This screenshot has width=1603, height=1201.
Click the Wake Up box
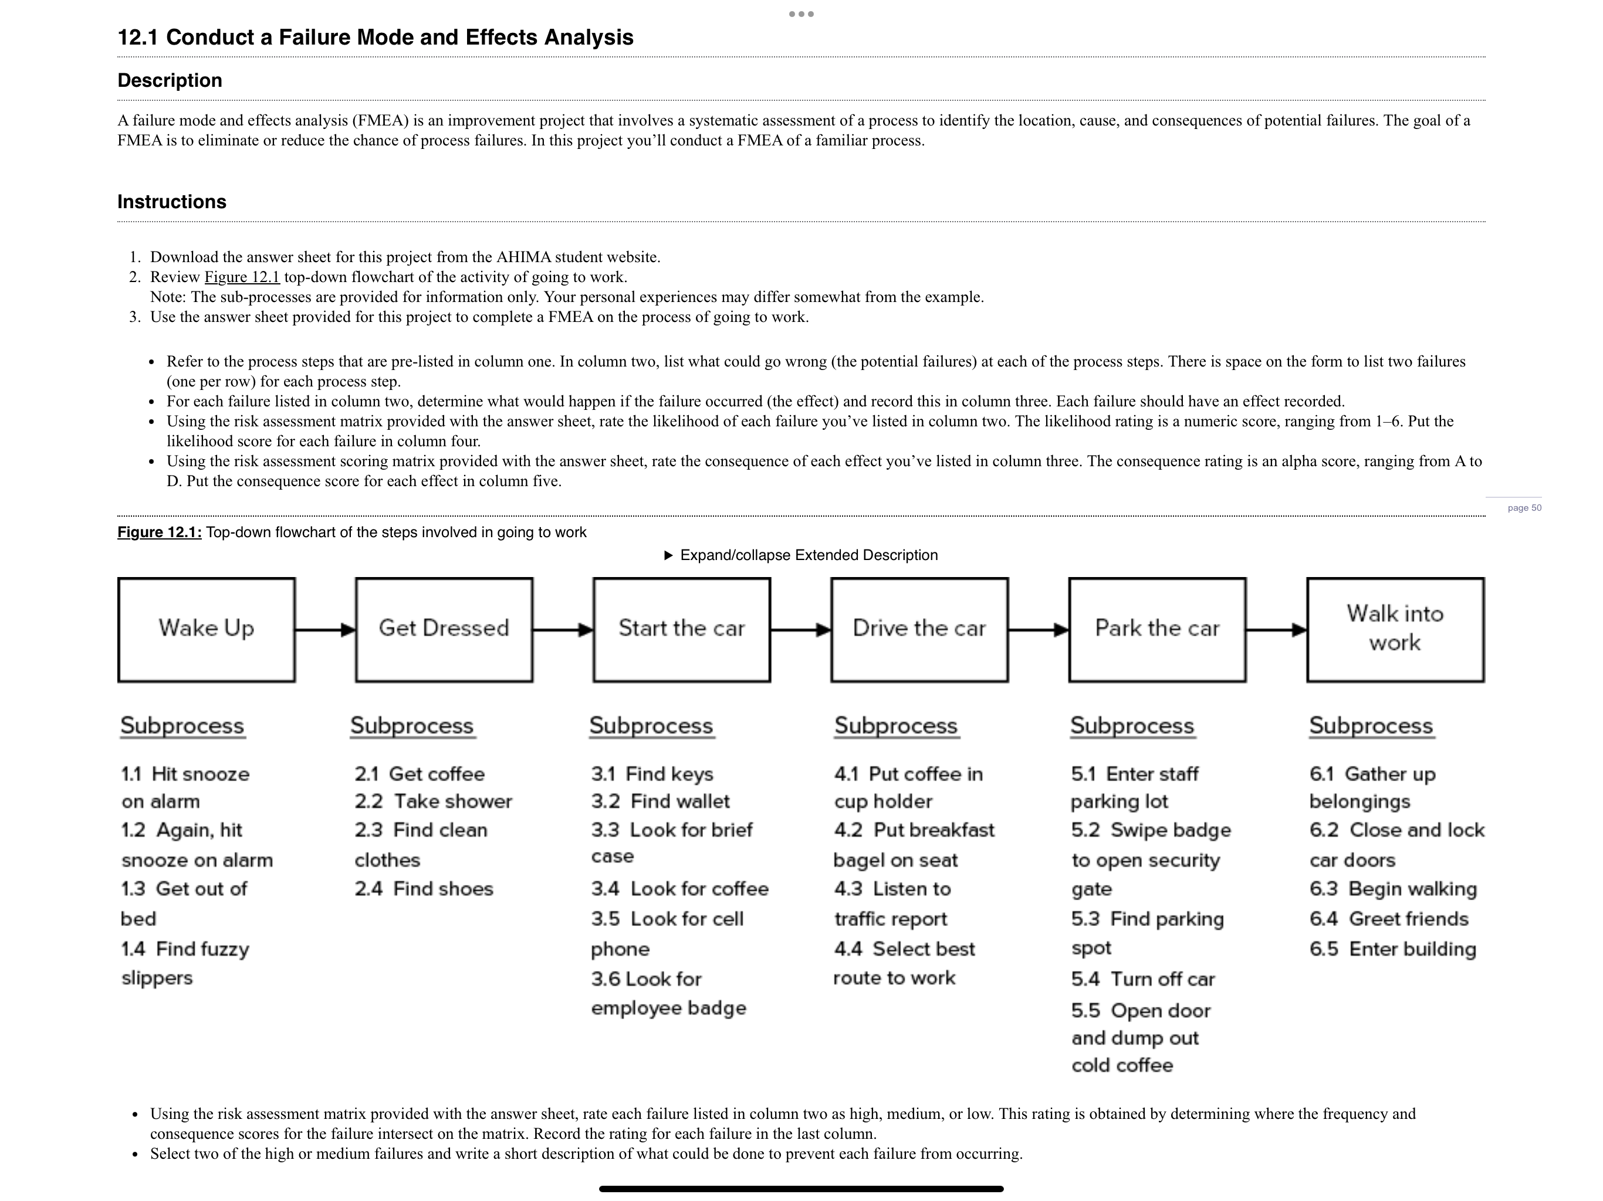206,629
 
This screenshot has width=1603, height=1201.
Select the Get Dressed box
444,629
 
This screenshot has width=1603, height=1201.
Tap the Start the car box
681,629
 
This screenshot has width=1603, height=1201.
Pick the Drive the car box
919,629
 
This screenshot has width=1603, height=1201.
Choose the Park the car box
1156,629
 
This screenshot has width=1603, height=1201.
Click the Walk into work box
1395,629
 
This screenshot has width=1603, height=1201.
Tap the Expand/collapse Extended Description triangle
669,555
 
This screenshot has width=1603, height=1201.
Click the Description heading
170,80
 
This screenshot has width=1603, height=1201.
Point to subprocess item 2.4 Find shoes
424,889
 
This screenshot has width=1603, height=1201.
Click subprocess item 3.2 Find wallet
660,801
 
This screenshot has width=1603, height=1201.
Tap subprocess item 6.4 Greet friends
1388,919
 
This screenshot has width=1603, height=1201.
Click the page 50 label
1524,508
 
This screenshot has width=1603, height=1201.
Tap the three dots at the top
801,13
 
